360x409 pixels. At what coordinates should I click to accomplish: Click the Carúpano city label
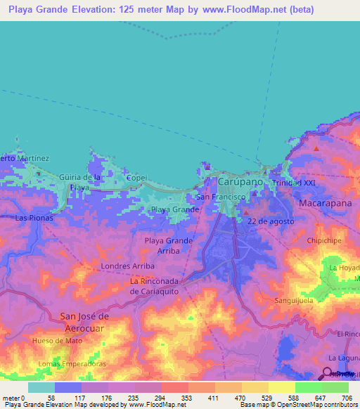(240, 181)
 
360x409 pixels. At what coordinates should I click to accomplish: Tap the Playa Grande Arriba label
(169, 245)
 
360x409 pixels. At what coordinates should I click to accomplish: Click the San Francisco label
(220, 197)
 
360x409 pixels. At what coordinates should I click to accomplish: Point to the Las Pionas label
(34, 219)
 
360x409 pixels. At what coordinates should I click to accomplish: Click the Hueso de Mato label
(58, 340)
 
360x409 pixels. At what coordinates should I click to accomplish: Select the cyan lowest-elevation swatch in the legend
(41, 387)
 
